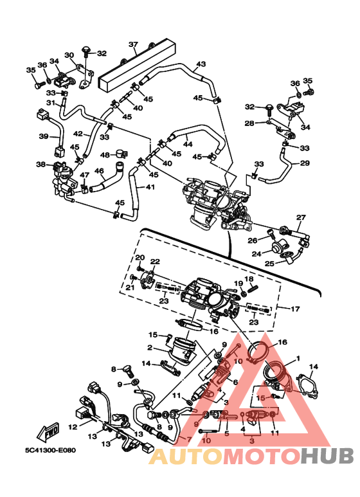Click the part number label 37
pos(133,44)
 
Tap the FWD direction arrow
pos(48,431)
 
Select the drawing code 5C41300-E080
pos(51,450)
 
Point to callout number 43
pos(201,64)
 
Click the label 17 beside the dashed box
pos(295,309)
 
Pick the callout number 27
pos(301,217)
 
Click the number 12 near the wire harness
pos(73,427)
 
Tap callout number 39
pos(44,136)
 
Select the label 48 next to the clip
pos(105,155)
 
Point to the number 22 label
pos(155,262)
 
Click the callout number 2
pos(150,348)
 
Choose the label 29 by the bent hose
pos(305,163)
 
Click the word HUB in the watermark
pos(327,456)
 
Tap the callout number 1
pos(298,359)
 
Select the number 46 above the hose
pos(99,171)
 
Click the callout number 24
pos(256,254)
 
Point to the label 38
pos(41,164)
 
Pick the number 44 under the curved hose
pos(188,144)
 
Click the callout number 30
pos(69,55)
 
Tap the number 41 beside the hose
pos(150,187)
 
